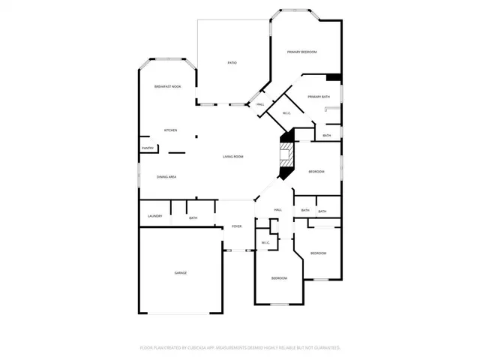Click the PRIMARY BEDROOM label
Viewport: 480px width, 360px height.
pyautogui.click(x=302, y=52)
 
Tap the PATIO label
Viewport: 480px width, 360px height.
pyautogui.click(x=232, y=62)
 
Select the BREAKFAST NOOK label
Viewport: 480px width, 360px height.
pyautogui.click(x=167, y=87)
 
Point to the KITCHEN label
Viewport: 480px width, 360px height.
pyautogui.click(x=171, y=130)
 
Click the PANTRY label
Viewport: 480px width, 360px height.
pyautogui.click(x=148, y=148)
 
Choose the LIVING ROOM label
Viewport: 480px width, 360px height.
pyautogui.click(x=233, y=157)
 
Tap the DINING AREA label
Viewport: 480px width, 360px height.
pyautogui.click(x=166, y=177)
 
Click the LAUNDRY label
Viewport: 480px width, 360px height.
pyautogui.click(x=155, y=217)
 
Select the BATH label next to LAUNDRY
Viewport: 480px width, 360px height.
pyautogui.click(x=193, y=218)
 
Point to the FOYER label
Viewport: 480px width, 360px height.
pyautogui.click(x=236, y=226)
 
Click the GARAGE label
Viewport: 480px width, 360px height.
pyautogui.click(x=181, y=272)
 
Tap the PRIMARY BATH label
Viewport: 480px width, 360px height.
pyautogui.click(x=319, y=97)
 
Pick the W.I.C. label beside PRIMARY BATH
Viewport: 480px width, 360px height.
pyautogui.click(x=286, y=113)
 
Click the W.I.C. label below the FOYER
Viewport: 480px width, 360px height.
pyautogui.click(x=265, y=243)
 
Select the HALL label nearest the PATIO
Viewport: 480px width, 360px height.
pyautogui.click(x=260, y=104)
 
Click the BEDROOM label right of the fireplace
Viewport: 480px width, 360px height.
pyautogui.click(x=316, y=172)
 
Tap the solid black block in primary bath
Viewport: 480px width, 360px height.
pyautogui.click(x=334, y=76)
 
